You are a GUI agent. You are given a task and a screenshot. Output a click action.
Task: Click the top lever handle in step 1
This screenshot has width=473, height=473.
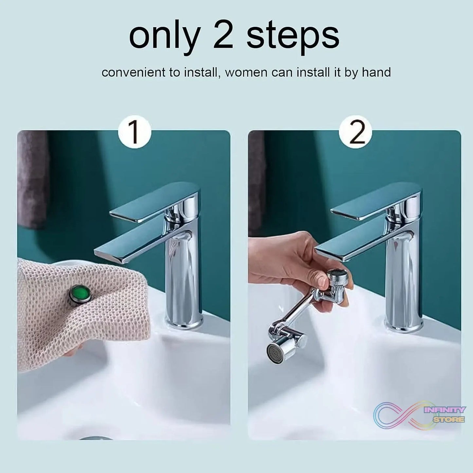pos(154,201)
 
